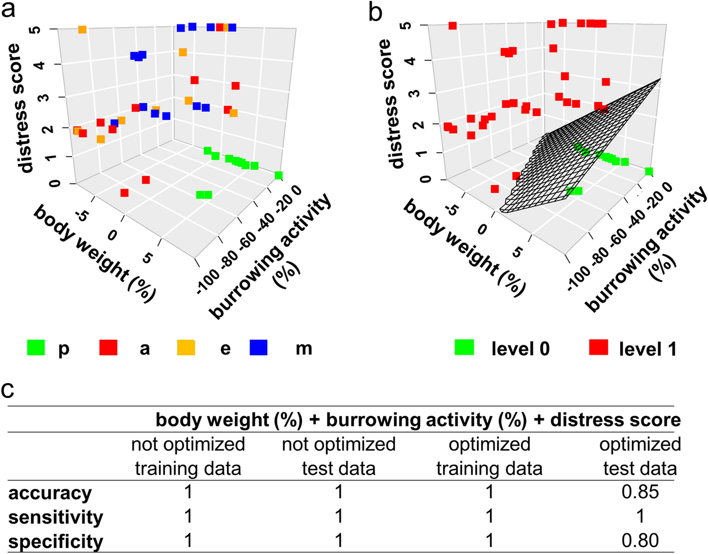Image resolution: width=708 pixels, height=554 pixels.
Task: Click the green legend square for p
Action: point(36,347)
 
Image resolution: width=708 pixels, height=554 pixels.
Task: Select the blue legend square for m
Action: point(258,347)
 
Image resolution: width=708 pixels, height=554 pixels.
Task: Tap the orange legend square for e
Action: point(186,347)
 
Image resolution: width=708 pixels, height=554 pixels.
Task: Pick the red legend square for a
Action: point(108,347)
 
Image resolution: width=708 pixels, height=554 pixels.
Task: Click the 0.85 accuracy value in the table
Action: point(640,492)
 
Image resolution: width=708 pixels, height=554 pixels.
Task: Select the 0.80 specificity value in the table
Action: point(640,540)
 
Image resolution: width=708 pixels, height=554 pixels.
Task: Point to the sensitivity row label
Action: point(55,517)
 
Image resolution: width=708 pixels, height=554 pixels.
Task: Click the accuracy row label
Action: point(50,493)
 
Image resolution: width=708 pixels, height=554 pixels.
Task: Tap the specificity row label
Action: point(55,541)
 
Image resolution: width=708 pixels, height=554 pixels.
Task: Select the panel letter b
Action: point(375,11)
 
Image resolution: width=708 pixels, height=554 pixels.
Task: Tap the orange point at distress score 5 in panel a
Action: point(82,30)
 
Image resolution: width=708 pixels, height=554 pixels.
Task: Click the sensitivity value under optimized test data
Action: point(640,516)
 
